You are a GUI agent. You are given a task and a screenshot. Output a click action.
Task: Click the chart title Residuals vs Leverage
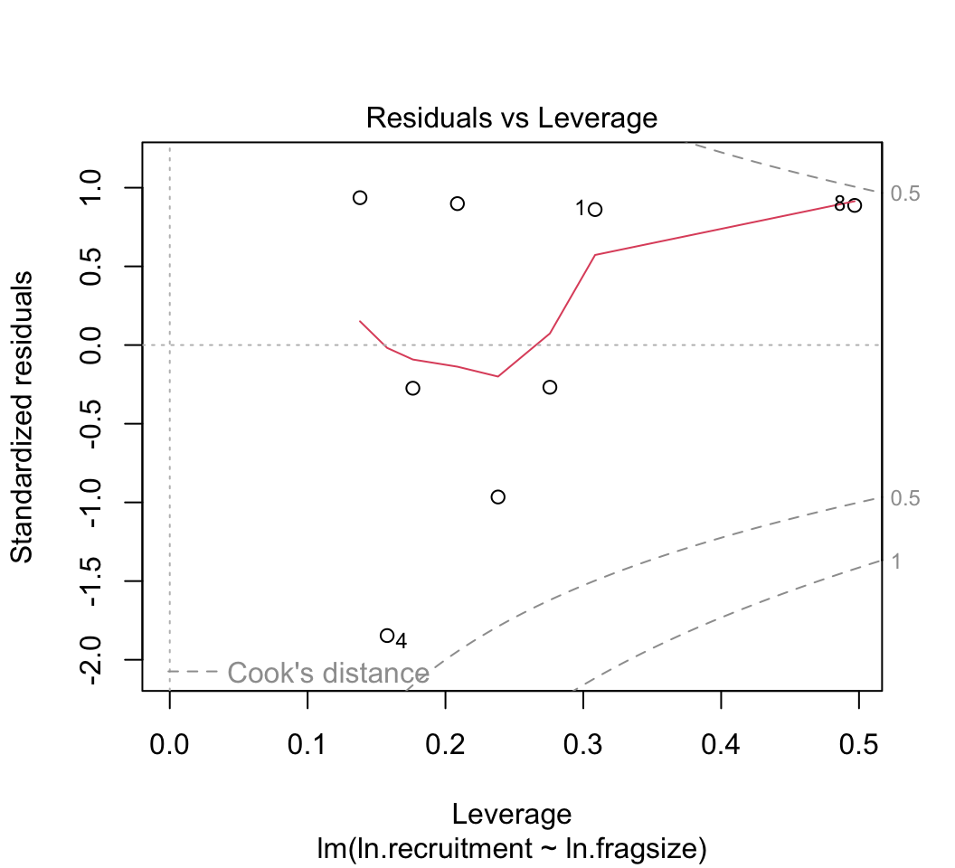tap(511, 118)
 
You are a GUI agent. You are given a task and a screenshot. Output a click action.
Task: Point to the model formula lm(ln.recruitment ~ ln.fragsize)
tap(511, 849)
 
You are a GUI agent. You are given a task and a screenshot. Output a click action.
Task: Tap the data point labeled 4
tap(387, 636)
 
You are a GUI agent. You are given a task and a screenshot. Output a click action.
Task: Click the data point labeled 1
tap(595, 209)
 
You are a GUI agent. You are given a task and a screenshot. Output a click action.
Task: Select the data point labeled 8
tap(855, 205)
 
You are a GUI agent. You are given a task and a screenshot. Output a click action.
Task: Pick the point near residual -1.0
tap(497, 496)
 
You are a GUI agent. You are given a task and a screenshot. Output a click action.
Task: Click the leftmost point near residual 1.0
tap(360, 197)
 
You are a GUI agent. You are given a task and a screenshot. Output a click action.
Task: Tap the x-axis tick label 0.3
tap(583, 746)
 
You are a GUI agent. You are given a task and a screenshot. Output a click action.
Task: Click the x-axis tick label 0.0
tap(169, 746)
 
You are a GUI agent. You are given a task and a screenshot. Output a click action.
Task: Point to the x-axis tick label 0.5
tap(859, 746)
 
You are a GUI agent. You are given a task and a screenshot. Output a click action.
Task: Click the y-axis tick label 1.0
tap(101, 188)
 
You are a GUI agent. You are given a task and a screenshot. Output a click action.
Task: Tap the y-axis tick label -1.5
tap(101, 580)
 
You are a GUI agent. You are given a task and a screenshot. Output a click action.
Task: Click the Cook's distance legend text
tap(327, 673)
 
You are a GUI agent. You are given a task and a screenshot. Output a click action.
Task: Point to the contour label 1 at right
tap(895, 561)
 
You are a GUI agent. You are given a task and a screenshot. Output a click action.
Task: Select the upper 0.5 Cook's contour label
tap(904, 193)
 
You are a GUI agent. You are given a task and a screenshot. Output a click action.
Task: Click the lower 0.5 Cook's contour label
tap(904, 499)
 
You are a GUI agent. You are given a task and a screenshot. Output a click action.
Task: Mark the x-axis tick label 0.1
tap(307, 746)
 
